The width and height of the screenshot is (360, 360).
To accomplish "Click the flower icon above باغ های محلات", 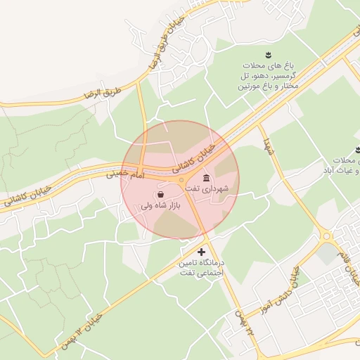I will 268,55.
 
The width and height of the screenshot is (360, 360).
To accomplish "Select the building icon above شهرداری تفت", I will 205,176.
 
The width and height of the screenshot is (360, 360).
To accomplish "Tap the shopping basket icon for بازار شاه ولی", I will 160,193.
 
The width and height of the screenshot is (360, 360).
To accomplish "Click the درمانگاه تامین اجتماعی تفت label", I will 202,266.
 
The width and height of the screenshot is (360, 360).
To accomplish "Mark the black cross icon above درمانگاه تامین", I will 202,252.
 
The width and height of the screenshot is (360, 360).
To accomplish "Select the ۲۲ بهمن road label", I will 242,324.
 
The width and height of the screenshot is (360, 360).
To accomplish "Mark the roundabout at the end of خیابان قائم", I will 326,236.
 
